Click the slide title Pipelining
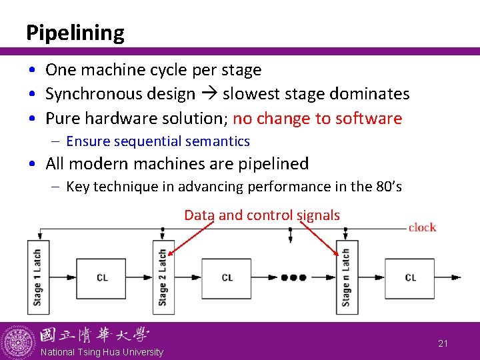(x=75, y=33)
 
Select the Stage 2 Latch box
(x=163, y=277)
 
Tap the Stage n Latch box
(x=346, y=277)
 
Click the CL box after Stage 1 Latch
(x=101, y=277)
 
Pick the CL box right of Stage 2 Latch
(x=227, y=277)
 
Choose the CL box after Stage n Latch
(x=410, y=277)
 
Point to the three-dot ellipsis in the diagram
(x=293, y=277)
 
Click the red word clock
(x=422, y=227)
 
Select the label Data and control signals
(x=262, y=215)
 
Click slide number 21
(x=443, y=343)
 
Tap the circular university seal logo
(x=18, y=342)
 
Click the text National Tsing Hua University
(x=101, y=352)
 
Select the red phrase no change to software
(x=317, y=119)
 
